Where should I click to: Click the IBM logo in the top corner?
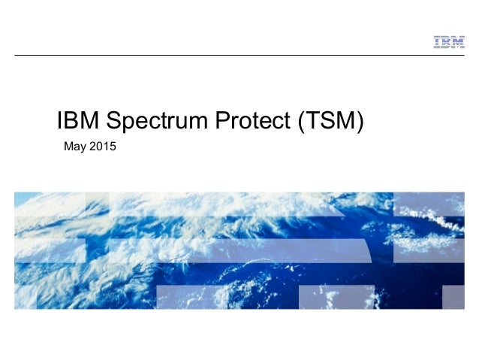pyautogui.click(x=448, y=42)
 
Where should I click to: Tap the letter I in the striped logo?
pyautogui.click(x=437, y=42)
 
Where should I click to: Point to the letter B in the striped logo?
pyautogui.click(x=445, y=42)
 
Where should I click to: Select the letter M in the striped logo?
pyautogui.click(x=457, y=42)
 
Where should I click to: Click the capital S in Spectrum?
pyautogui.click(x=115, y=120)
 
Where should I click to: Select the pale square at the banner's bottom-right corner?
pyautogui.click(x=453, y=298)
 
